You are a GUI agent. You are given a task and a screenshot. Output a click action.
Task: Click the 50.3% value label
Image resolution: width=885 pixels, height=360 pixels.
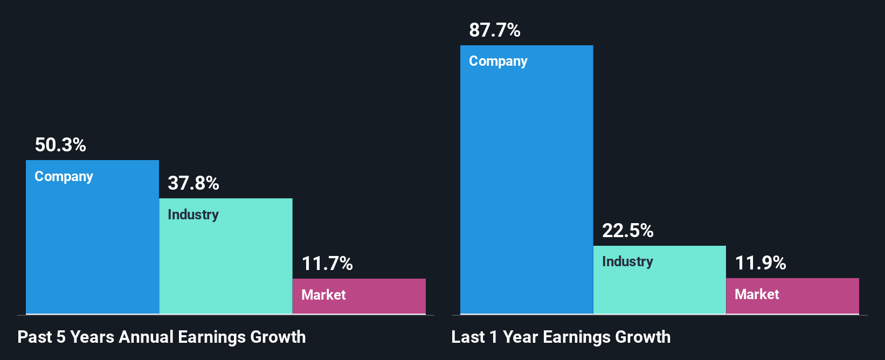coord(60,145)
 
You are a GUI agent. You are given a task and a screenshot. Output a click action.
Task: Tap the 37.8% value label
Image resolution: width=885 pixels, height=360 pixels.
coord(193,183)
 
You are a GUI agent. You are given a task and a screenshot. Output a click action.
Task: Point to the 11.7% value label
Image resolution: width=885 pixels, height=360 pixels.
coord(327,264)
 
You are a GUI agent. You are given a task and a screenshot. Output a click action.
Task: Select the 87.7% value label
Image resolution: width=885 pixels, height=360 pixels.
coord(495,30)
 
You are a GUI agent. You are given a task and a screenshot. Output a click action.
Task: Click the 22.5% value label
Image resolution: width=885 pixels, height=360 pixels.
coord(628,231)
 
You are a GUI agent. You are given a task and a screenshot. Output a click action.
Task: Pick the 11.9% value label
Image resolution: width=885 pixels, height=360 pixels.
coord(760,263)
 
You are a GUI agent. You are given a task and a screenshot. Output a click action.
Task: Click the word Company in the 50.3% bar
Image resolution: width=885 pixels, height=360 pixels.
coord(64,177)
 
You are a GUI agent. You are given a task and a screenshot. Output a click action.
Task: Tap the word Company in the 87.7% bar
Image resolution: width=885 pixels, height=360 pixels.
coord(498,61)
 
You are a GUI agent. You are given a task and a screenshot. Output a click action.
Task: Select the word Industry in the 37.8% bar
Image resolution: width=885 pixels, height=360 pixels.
coord(193,214)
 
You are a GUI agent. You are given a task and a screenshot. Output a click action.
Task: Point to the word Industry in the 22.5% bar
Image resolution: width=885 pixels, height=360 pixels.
coord(627,261)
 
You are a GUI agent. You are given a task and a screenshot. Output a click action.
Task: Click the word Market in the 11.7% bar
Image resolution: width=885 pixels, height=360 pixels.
coord(323,295)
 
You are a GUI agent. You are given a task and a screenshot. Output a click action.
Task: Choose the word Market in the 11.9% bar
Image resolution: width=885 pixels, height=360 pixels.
coord(757,294)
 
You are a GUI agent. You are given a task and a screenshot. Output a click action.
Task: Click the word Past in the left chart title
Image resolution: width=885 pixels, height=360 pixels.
coord(35,337)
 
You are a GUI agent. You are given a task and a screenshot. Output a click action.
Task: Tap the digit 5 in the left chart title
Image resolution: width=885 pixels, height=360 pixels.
coord(61,337)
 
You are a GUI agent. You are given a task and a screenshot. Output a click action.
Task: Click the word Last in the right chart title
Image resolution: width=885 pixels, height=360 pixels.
coord(468,337)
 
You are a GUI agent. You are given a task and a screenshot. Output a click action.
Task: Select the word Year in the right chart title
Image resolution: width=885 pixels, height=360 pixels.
coord(520,337)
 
